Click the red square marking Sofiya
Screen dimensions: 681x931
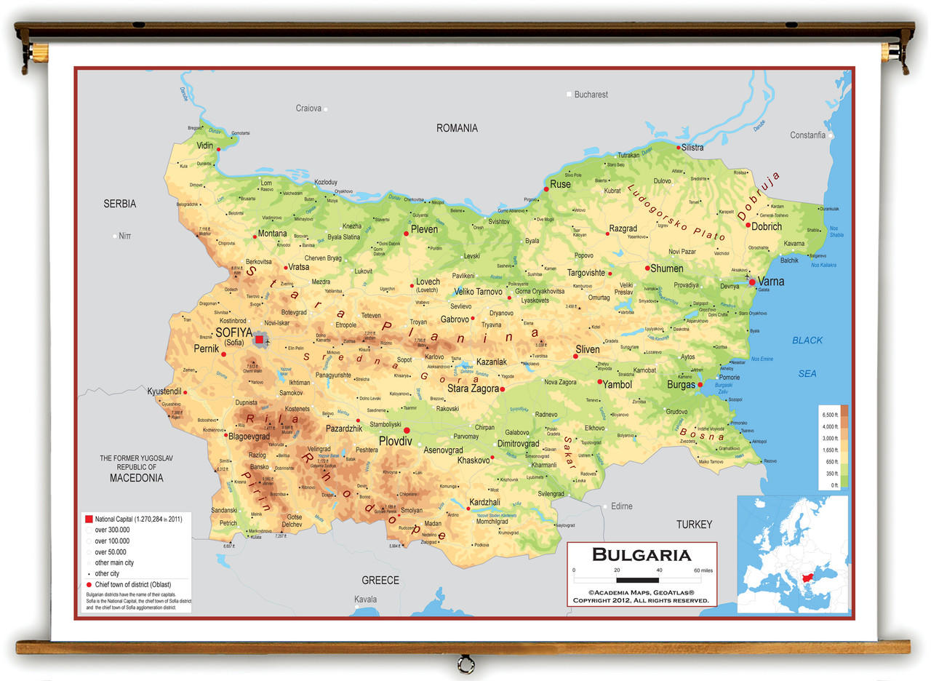pyautogui.click(x=259, y=339)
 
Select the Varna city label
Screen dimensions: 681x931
pyautogui.click(x=771, y=282)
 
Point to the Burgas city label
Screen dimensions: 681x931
pyautogui.click(x=681, y=385)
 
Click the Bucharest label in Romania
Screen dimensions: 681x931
pyautogui.click(x=591, y=95)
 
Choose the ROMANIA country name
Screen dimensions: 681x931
pyautogui.click(x=457, y=128)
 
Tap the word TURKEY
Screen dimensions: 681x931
pyautogui.click(x=694, y=525)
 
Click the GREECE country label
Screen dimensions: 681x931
pyautogui.click(x=380, y=580)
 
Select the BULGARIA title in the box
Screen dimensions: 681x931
pyautogui.click(x=642, y=555)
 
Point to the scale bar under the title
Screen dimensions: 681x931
pyautogui.click(x=637, y=580)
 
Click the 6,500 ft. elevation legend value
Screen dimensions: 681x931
pyautogui.click(x=830, y=414)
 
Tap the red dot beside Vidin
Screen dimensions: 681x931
pyautogui.click(x=218, y=149)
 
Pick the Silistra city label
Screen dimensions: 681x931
pyautogui.click(x=692, y=148)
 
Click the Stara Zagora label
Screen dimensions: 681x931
pyautogui.click(x=472, y=389)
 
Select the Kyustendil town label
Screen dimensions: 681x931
pyautogui.click(x=164, y=391)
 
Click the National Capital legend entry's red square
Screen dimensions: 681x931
pyautogui.click(x=89, y=519)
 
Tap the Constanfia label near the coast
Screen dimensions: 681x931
pyautogui.click(x=807, y=135)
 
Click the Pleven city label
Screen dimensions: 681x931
pyautogui.click(x=424, y=229)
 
